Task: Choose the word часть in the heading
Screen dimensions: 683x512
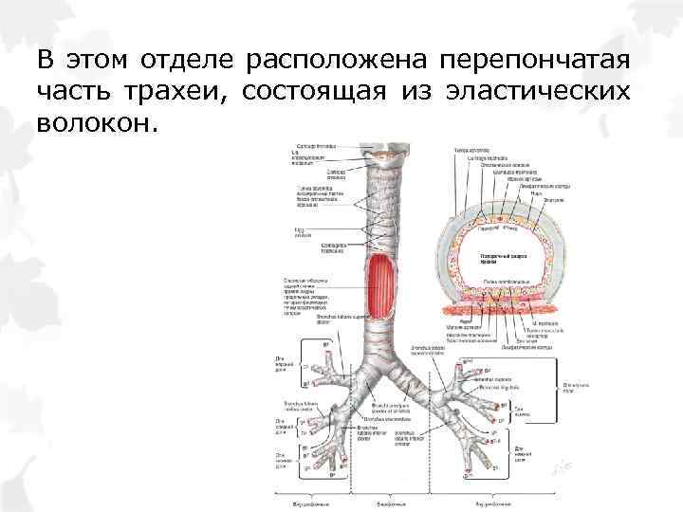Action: tap(75, 92)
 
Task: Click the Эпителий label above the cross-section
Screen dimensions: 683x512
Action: tap(554, 200)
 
